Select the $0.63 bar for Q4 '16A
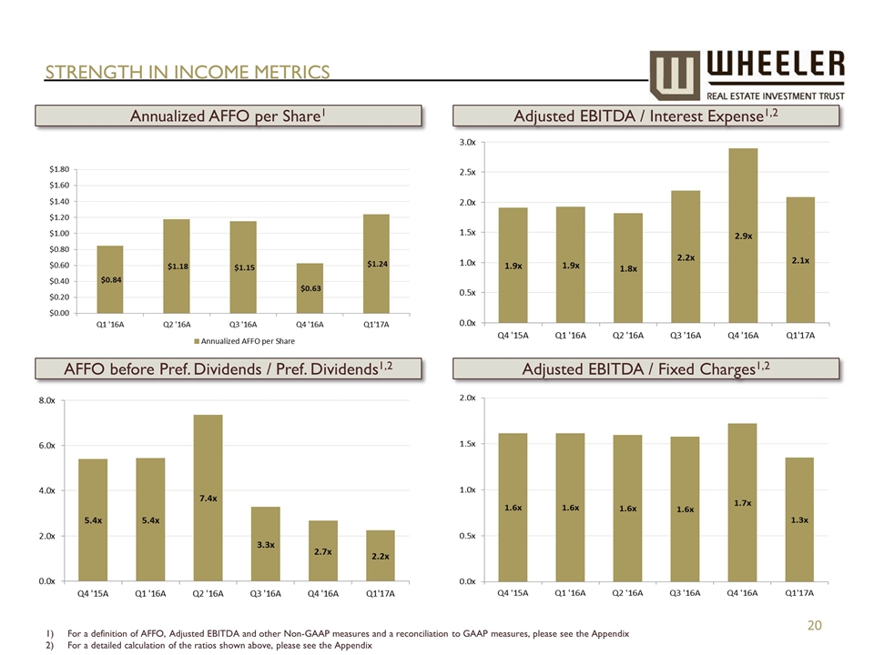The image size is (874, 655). (310, 288)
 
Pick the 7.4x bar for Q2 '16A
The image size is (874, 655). (208, 498)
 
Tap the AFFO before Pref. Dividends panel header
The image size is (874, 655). (229, 368)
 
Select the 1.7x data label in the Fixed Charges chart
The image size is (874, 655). (743, 501)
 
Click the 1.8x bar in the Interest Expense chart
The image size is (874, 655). (629, 267)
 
